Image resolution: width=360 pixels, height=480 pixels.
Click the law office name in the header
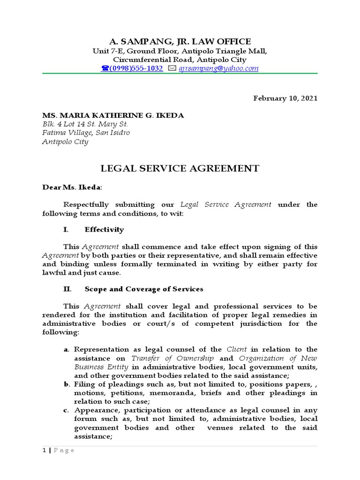[180, 41]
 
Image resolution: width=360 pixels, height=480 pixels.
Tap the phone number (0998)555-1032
[136, 68]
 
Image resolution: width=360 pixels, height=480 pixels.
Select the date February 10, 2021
[285, 98]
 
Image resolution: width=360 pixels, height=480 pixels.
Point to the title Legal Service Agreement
[180, 168]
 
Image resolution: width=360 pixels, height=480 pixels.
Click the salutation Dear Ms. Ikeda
[71, 187]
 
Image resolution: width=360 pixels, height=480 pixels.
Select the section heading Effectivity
[104, 230]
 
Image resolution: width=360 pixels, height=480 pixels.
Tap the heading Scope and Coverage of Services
[143, 289]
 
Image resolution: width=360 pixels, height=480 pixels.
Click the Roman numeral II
[67, 289]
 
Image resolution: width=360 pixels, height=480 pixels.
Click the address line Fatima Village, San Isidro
[86, 133]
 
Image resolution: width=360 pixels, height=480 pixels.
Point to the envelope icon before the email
[172, 69]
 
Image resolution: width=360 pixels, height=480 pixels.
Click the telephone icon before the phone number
[105, 69]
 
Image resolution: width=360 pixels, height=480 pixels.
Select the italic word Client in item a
[237, 350]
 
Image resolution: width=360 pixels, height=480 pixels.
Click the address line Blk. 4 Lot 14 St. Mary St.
[85, 124]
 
